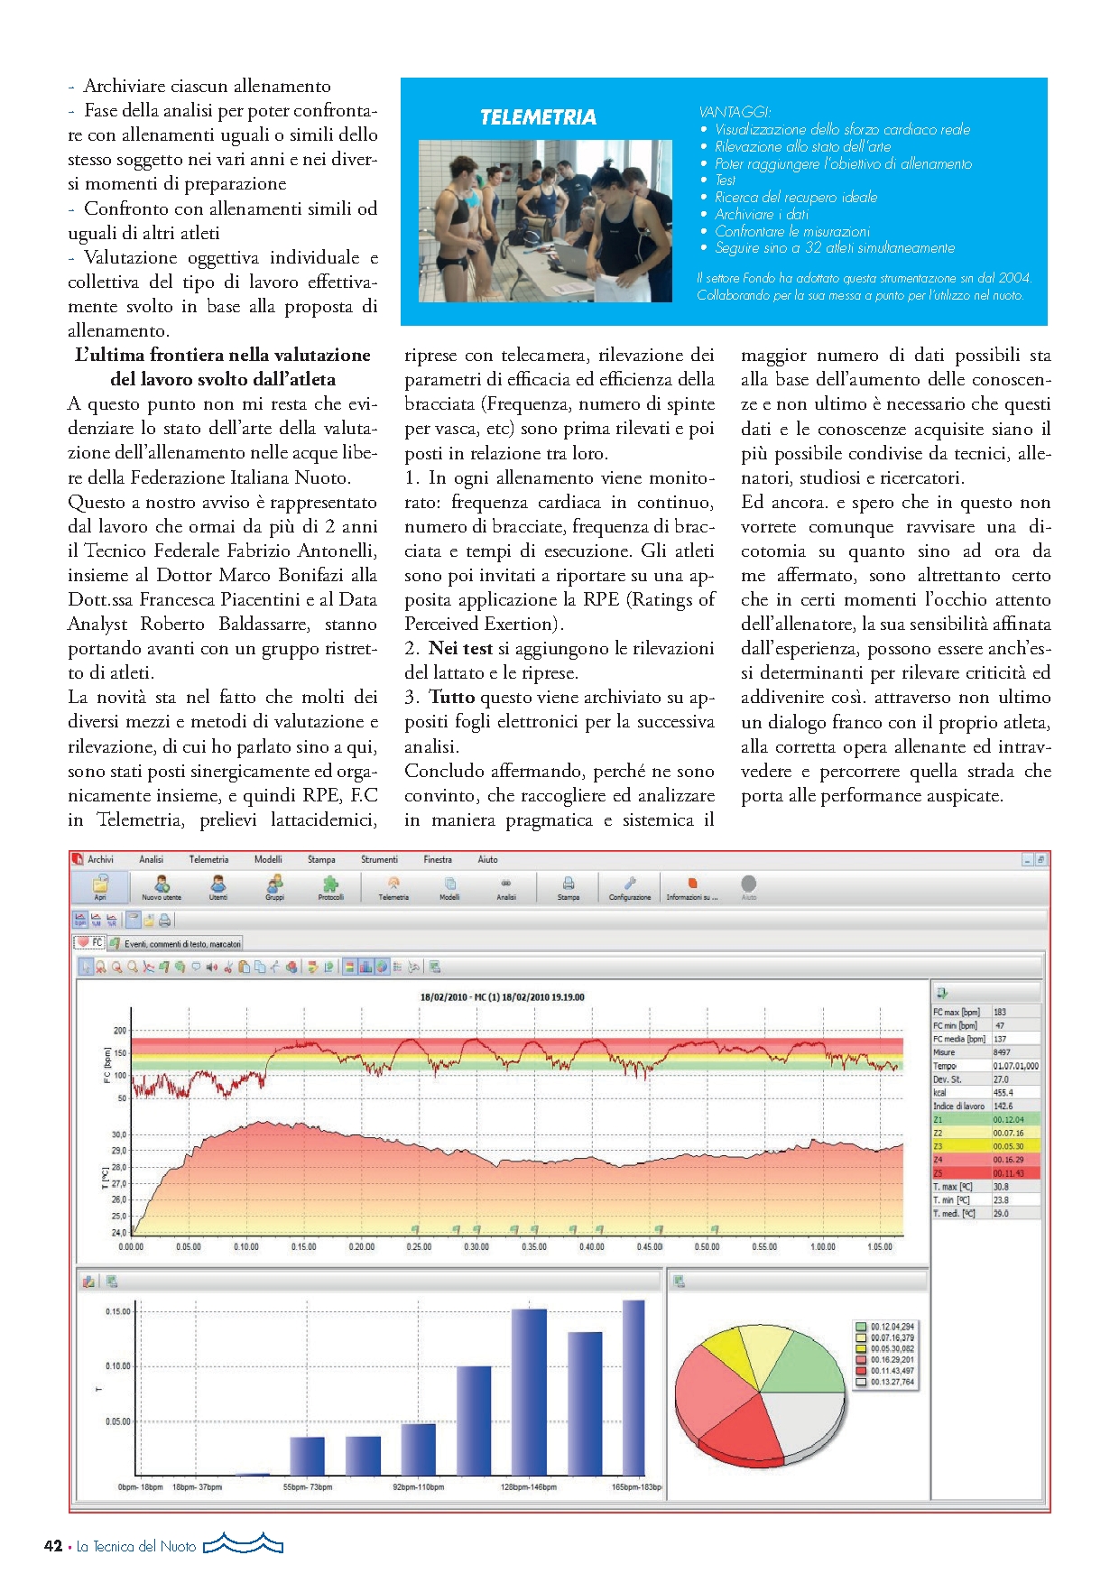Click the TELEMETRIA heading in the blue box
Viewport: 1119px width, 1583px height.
coord(538,117)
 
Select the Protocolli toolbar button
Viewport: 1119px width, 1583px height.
coord(331,887)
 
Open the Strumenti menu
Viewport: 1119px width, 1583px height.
coord(379,860)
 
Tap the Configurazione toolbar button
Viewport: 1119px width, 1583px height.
coord(630,887)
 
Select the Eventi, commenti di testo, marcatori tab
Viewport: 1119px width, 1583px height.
coord(177,944)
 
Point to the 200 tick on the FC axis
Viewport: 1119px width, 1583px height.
coord(120,1030)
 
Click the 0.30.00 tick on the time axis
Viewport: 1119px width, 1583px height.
coord(476,1247)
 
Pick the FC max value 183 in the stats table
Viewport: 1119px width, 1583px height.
coord(1000,1013)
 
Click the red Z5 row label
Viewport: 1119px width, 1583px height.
coord(939,1173)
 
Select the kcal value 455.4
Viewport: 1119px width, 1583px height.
coord(1003,1093)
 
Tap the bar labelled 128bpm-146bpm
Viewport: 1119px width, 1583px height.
coord(530,1390)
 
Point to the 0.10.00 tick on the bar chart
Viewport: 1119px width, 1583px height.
coord(118,1366)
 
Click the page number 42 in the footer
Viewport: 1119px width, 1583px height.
coord(53,1546)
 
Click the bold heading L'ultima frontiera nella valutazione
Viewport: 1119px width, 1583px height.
coord(223,356)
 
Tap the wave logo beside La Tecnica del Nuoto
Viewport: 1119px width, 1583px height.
coord(243,1544)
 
